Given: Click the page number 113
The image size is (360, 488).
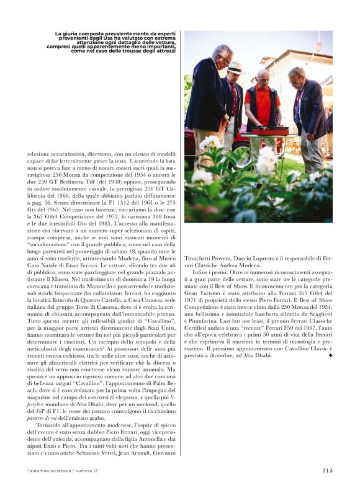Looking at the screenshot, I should click(327, 470).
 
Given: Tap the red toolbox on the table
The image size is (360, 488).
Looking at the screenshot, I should click(269, 131).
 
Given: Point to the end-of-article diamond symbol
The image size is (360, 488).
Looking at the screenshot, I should click(330, 356).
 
